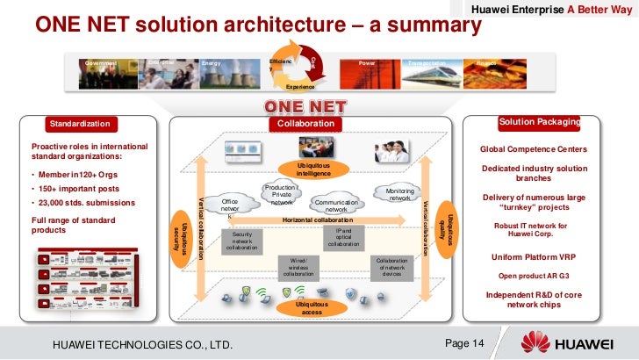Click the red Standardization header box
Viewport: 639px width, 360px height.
[x=80, y=124]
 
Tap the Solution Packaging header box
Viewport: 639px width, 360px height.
[x=550, y=121]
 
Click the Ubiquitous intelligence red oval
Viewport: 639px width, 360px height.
[x=313, y=169]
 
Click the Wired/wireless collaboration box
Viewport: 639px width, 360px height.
[x=297, y=267]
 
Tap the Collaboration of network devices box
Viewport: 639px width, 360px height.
[x=391, y=267]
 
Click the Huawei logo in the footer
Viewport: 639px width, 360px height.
[x=570, y=342]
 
